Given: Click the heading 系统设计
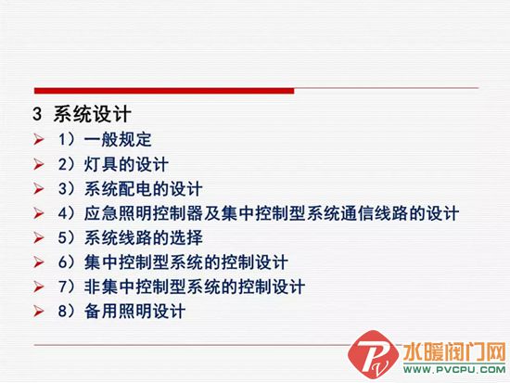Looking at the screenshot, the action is click(93, 114).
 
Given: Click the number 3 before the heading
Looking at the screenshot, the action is click(37, 114).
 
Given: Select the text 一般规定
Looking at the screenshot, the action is click(118, 140).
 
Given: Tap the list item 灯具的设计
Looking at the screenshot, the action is click(126, 164).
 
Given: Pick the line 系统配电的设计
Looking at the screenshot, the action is click(143, 189).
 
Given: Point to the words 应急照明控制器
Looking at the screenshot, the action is click(144, 213).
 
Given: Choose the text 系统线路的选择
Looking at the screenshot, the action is click(144, 237).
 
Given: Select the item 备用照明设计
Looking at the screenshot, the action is click(134, 311).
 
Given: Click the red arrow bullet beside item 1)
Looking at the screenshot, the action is click(38, 140).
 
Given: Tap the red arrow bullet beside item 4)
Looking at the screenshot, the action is click(38, 213).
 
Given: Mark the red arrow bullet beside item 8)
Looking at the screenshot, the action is click(38, 311).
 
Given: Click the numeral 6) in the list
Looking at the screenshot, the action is click(67, 262).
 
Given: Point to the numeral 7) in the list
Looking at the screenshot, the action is click(67, 287).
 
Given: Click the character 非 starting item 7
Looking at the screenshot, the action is click(93, 287).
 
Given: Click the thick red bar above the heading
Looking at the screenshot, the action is click(164, 91).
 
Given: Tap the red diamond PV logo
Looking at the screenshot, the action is click(373, 354).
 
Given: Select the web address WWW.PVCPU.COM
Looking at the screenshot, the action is click(454, 370).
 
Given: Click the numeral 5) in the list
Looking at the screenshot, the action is click(67, 237).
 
